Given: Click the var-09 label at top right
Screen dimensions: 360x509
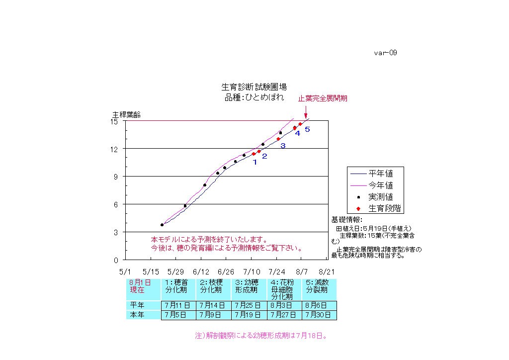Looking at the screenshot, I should (385, 53).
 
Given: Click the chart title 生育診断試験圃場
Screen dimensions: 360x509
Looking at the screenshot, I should (254, 87).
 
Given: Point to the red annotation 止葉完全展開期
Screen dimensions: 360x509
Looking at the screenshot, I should (323, 98).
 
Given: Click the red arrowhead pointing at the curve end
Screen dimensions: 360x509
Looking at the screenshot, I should (306, 117).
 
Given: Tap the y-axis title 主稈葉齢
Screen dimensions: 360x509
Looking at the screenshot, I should (126, 114).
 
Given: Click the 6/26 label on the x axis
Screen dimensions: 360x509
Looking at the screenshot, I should (226, 272).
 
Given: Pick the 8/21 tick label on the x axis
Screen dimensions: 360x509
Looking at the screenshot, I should (327, 272).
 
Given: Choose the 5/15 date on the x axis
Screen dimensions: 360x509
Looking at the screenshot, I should (151, 272).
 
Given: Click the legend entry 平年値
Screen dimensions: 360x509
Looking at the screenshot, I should (380, 174).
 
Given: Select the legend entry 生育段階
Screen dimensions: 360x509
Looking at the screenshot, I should (384, 208).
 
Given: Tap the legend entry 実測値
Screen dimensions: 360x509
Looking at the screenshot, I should (380, 196).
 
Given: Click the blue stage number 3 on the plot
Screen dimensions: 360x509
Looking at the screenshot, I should (283, 146).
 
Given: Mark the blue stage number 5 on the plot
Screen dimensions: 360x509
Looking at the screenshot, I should (307, 129).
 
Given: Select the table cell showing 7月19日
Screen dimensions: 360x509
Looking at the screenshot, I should (249, 315).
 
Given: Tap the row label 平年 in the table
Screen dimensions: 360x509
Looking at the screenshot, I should (137, 305).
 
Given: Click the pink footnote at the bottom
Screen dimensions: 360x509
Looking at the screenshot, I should (261, 336).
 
